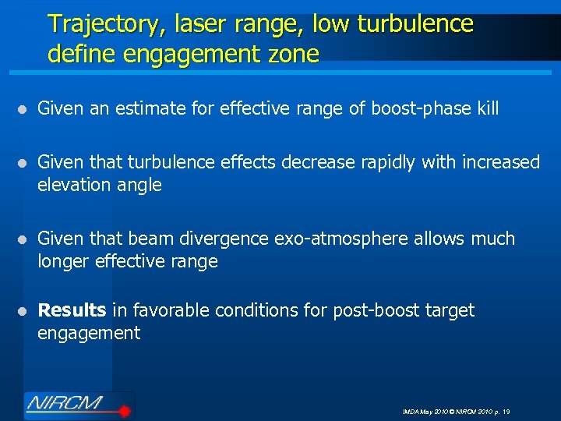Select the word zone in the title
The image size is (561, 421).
pos(292,54)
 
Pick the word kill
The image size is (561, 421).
pos(487,108)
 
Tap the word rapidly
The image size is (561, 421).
pos(393,162)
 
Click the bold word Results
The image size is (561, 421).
pos(72,310)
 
